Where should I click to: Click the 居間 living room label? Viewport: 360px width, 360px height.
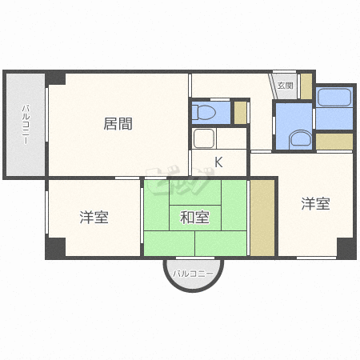coord(118,124)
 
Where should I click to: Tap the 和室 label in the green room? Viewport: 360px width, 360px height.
coord(194,217)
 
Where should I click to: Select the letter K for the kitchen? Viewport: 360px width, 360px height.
coord(218,162)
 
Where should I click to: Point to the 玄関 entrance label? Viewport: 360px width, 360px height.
coord(285,85)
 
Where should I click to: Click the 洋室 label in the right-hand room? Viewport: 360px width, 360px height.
coord(315,204)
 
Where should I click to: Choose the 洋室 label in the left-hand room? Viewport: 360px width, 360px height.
coord(94,217)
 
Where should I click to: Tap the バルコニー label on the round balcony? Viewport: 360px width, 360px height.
coord(193,274)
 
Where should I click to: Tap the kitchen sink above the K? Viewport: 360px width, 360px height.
coord(204,138)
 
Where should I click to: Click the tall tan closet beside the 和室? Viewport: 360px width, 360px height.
coord(262,218)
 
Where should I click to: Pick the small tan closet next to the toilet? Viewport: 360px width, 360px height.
coord(241,112)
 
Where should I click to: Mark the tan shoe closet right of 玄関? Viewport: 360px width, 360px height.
coord(306,86)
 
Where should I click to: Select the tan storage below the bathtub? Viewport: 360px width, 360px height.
coord(334,141)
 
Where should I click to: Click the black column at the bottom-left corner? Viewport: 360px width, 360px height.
coord(54,248)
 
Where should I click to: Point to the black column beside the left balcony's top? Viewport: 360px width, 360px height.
coord(54,78)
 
